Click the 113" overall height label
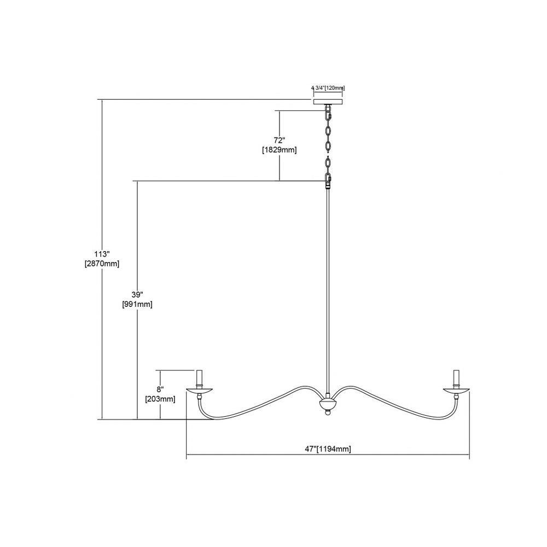pos(102,254)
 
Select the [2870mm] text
pos(102,264)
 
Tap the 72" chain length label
pos(279,140)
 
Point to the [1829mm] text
pos(279,150)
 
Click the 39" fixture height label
pos(137,294)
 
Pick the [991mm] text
pos(137,304)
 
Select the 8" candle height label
pos(160,389)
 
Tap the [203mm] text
pos(160,399)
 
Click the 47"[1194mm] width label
pos(328,449)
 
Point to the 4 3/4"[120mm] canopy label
pos(328,88)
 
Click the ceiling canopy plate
pos(328,102)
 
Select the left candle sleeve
pos(199,379)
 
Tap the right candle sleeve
pos(456,379)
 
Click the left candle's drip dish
pos(199,391)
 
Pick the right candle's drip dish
pos(456,391)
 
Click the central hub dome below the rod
pos(328,405)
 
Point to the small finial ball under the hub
pos(328,413)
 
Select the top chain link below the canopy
pos(328,113)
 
